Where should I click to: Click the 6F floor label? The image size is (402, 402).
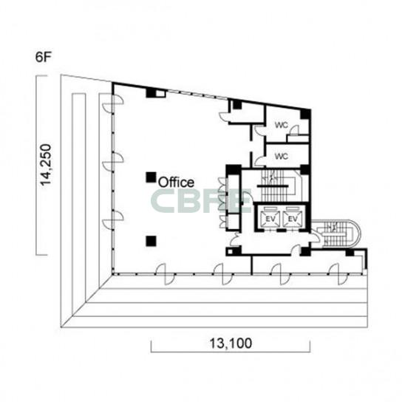pos(44,57)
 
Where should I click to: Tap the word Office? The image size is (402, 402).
pos(176,183)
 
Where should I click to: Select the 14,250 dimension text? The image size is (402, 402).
pos(46,165)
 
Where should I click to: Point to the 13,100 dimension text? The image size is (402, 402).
pos(231,343)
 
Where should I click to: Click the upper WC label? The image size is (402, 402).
pos(282,125)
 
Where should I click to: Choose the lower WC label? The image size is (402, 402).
pos(282,156)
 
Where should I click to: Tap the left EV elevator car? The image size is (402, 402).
pos(270,219)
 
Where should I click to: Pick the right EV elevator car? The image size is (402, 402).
pos(293,219)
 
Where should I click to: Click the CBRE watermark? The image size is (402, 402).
pos(201,201)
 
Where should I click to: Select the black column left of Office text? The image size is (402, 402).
pos(151,177)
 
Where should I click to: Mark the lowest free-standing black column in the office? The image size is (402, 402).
pos(151,241)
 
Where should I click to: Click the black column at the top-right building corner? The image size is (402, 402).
pos(305,114)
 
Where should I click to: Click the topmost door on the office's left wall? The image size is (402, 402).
pos(113,103)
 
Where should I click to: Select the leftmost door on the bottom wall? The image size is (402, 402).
pos(166,274)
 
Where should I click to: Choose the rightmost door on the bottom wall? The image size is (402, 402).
pos(338,274)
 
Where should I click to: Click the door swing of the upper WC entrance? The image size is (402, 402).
pos(259,130)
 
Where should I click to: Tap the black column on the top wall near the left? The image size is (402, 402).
pos(151,93)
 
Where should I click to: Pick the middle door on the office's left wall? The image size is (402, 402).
pos(113,162)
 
